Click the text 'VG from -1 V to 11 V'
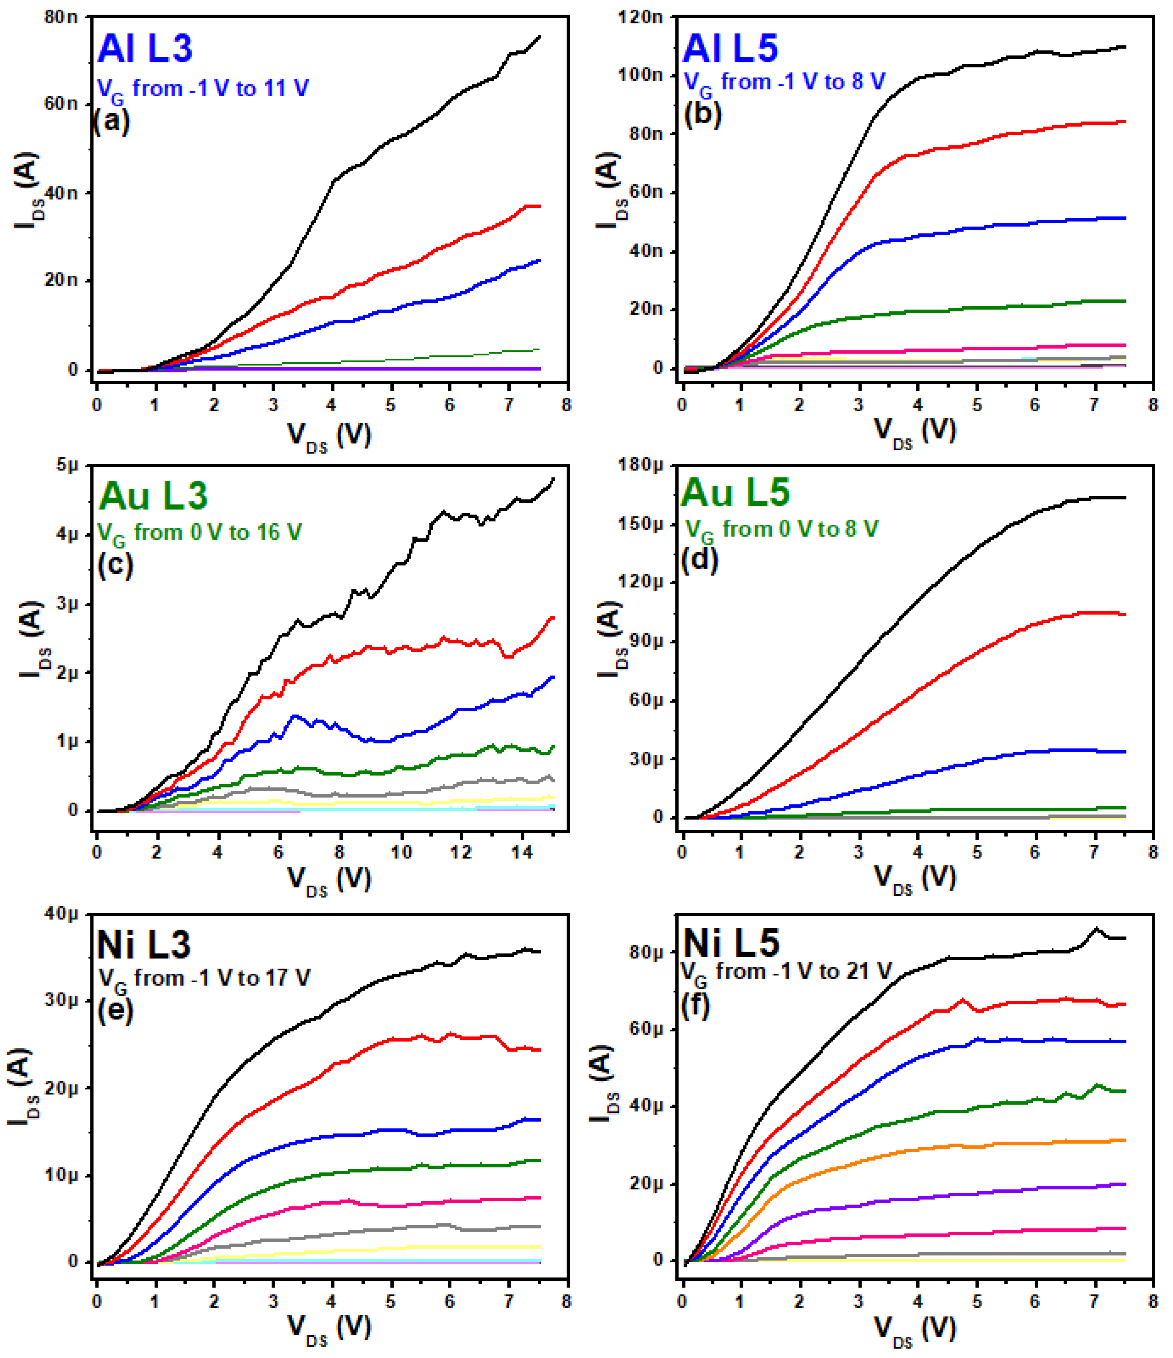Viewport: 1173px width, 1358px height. click(202, 88)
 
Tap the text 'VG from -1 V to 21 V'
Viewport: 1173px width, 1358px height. click(787, 972)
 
